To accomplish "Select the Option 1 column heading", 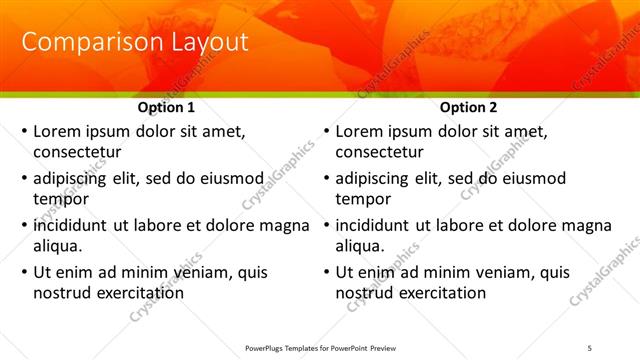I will pos(165,108).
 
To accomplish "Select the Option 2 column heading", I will pos(469,108).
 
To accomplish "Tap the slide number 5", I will pos(590,347).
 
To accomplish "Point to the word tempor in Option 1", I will pos(60,199).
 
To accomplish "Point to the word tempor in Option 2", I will pos(362,199).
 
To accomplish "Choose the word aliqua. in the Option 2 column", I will pos(361,246).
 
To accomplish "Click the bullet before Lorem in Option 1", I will pos(24,131).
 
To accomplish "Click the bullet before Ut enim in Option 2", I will pos(326,272).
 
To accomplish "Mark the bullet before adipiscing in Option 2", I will pos(326,178).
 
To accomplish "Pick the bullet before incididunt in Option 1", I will pos(24,225).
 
